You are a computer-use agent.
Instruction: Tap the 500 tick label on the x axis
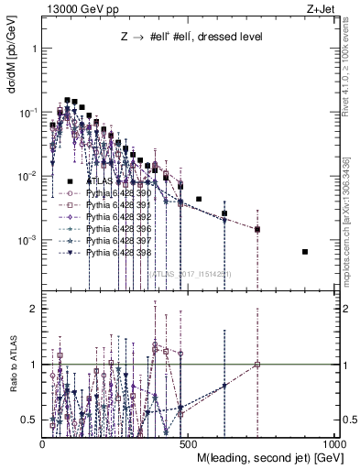coord(188,443)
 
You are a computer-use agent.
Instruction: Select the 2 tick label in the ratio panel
coord(33,309)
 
